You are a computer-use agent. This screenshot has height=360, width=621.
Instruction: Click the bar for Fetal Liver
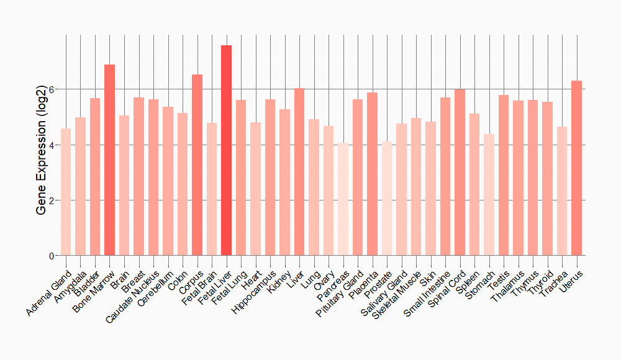226,150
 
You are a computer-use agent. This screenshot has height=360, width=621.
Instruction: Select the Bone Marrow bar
109,160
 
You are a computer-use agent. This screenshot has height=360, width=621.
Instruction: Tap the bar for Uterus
576,168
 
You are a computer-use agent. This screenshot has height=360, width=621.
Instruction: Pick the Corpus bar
197,165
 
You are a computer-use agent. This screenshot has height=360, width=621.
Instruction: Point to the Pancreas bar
343,199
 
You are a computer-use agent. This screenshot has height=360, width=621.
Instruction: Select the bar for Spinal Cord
460,172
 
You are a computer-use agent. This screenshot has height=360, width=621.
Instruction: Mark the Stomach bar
489,195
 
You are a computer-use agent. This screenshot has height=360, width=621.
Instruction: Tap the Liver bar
299,172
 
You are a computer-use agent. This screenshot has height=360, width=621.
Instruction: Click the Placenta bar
372,174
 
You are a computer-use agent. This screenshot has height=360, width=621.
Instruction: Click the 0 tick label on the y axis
52,256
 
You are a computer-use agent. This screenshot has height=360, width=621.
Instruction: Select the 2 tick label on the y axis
52,200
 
